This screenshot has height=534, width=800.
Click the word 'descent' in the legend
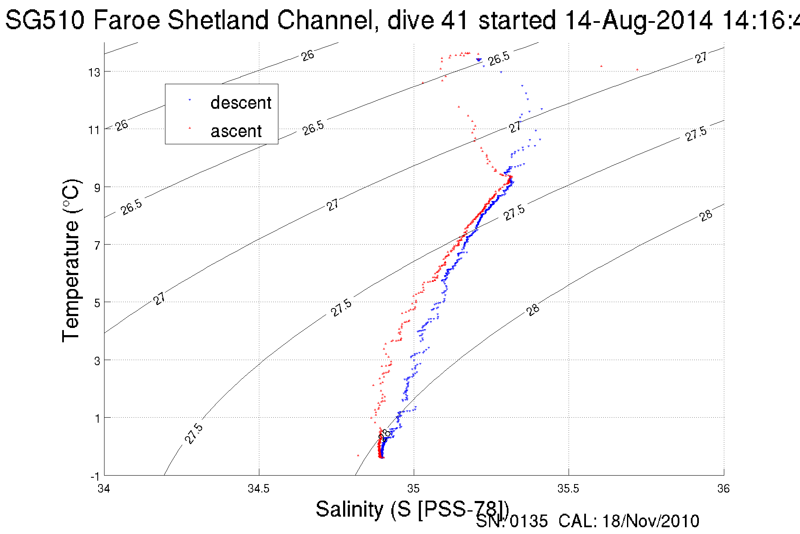pos(241,103)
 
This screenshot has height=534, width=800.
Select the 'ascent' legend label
pos(236,131)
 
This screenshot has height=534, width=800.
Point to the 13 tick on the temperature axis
pos(94,72)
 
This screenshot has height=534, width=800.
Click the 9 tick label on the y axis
pos(97,187)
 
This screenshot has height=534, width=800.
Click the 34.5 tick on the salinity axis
pos(258,489)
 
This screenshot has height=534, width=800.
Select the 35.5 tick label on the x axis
pos(568,489)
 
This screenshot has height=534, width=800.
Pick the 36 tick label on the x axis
pos(723,489)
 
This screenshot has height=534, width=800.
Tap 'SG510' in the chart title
pos(45,20)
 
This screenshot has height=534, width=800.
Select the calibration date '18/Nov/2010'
pos(650,521)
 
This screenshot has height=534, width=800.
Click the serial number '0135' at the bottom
pos(528,521)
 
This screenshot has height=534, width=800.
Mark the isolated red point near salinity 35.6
pos(601,66)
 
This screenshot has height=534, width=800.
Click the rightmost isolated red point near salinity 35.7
pos(637,70)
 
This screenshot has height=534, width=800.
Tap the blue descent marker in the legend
pos(190,100)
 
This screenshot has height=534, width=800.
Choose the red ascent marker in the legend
pos(190,127)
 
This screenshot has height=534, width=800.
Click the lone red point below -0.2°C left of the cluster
pos(358,455)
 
